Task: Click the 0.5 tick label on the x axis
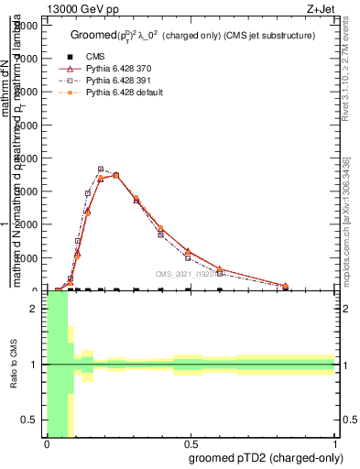pyautogui.click(x=191, y=444)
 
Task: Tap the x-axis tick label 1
pyautogui.click(x=334, y=444)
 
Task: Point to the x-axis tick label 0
pyautogui.click(x=47, y=444)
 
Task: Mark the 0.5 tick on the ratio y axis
pyautogui.click(x=30, y=420)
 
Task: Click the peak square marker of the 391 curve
pyautogui.click(x=101, y=169)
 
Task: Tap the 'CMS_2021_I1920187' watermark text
pyautogui.click(x=189, y=273)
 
